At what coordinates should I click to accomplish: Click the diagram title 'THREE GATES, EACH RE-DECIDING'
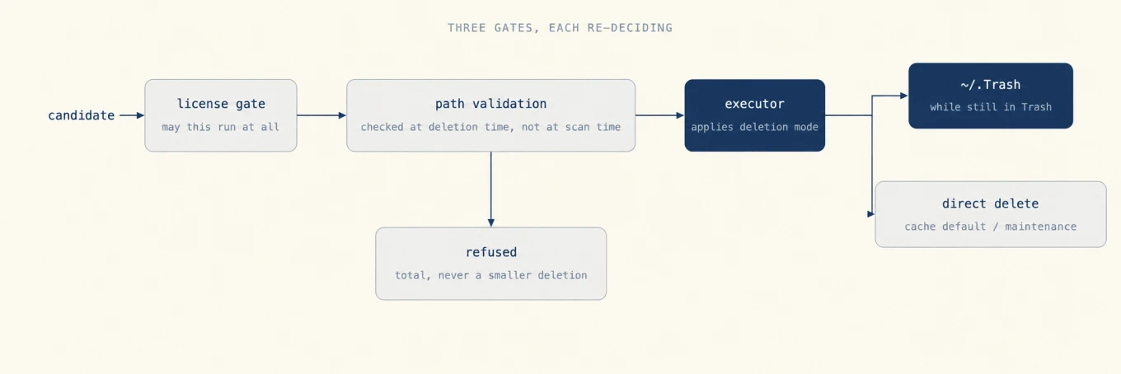[560, 28]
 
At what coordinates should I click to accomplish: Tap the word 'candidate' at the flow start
[81, 115]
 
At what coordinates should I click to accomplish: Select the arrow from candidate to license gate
[132, 115]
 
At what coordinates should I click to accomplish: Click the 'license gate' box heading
[221, 104]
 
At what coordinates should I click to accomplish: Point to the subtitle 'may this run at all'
[221, 127]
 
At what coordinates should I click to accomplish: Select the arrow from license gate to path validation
[321, 115]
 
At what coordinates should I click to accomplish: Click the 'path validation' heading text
[490, 104]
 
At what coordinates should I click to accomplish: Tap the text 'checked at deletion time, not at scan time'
[490, 127]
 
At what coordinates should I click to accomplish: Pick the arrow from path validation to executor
[659, 115]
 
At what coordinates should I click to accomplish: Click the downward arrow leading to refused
[491, 189]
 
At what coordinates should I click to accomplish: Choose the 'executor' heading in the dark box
[755, 104]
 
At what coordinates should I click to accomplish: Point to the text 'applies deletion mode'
[755, 127]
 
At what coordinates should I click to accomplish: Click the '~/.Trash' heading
[991, 85]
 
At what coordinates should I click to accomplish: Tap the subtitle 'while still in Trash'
[991, 107]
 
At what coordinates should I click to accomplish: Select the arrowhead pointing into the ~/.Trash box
[903, 96]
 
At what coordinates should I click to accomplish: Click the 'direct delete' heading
[991, 204]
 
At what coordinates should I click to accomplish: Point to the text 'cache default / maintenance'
[991, 227]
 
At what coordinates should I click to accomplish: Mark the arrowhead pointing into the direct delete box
[871, 214]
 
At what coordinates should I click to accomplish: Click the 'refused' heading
[491, 253]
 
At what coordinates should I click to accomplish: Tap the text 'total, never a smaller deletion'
[491, 275]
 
